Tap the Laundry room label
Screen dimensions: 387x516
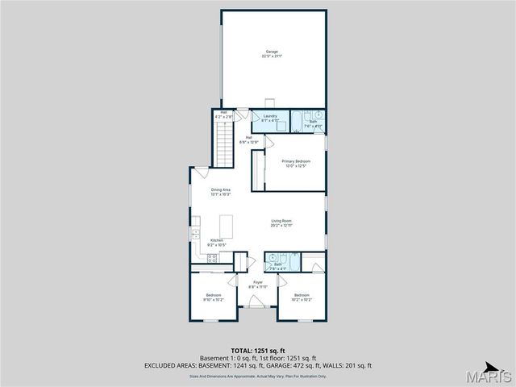pyautogui.click(x=270, y=116)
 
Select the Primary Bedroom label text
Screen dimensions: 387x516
pyautogui.click(x=296, y=161)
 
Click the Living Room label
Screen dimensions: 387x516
pyautogui.click(x=281, y=221)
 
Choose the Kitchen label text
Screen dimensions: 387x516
pyautogui.click(x=217, y=240)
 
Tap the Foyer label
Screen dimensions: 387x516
pyautogui.click(x=257, y=282)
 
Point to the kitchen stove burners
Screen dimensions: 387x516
pyautogui.click(x=212, y=258)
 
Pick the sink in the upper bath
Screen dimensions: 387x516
pyautogui.click(x=318, y=114)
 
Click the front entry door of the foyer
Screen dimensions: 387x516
pyautogui.click(x=257, y=302)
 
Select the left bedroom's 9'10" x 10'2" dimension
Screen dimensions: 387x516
pyautogui.click(x=214, y=299)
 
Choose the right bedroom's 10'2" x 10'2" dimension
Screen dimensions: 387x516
pyautogui.click(x=302, y=299)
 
